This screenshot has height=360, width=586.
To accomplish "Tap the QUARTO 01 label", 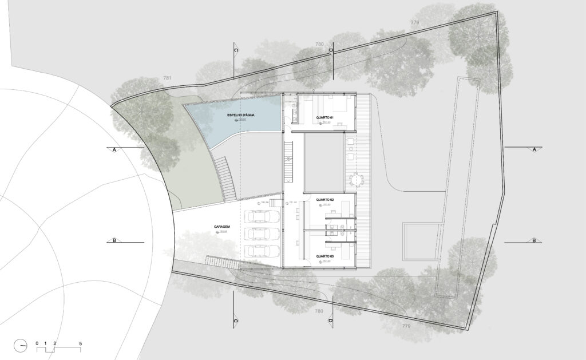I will [324, 118].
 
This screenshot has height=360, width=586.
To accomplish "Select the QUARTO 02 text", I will [325, 200].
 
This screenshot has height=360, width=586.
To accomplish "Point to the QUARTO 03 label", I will [324, 256].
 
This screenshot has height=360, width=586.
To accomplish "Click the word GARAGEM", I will [222, 227].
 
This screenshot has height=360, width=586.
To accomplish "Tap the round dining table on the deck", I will [356, 180].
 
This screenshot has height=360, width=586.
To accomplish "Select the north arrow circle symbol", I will [22, 345].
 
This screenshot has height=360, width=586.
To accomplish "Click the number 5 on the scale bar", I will [80, 343].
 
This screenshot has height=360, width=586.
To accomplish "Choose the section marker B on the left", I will [114, 241].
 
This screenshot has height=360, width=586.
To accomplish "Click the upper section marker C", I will [235, 50].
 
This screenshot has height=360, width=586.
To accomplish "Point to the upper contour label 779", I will [415, 22].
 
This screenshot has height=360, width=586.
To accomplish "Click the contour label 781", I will [167, 78].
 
